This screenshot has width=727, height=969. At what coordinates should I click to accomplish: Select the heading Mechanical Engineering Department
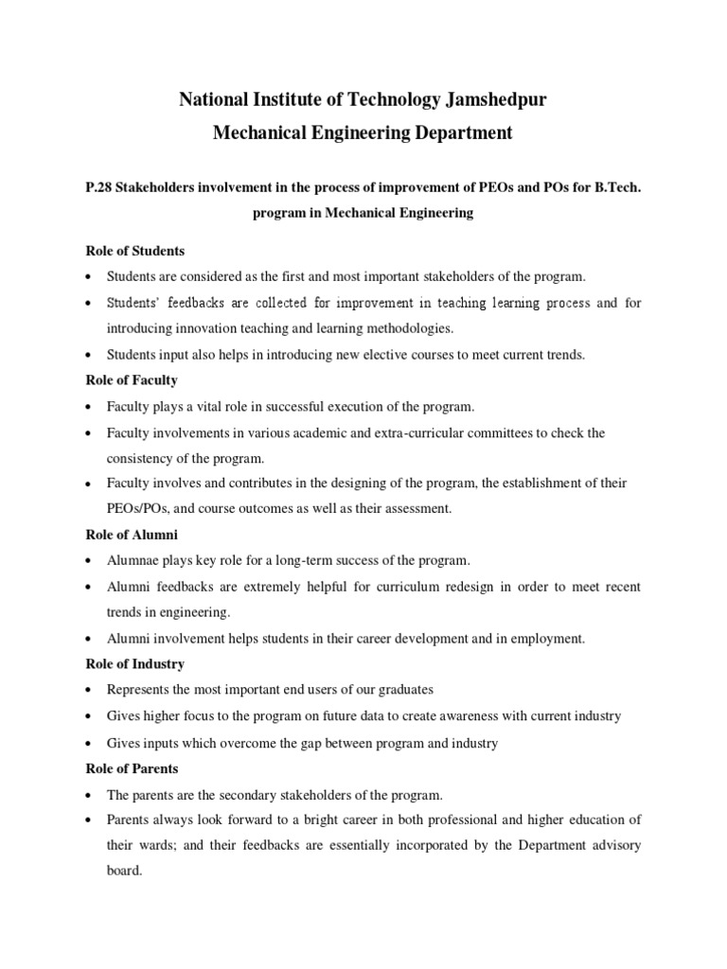coord(363,132)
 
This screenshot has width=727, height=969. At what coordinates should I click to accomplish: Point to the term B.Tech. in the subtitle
coord(617,188)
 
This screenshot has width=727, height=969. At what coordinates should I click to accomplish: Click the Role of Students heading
coord(134,252)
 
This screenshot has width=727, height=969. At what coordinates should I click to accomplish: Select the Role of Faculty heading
coord(131,380)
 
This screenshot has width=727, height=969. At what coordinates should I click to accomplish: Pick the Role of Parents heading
coord(132,768)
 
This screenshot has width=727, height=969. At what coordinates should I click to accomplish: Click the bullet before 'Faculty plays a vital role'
coord(88,408)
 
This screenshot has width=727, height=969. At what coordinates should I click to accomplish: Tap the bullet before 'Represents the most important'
coord(88,690)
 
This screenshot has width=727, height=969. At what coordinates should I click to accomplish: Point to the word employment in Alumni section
coord(548,639)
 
